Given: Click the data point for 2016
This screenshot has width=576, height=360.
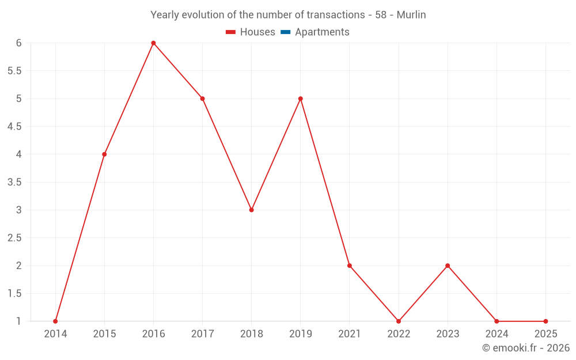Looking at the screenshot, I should [x=153, y=43].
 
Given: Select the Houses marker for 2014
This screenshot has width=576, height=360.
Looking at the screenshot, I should [x=55, y=321].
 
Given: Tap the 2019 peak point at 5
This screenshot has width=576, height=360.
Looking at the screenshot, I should [x=301, y=98].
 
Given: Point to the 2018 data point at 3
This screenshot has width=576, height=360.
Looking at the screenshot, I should [x=252, y=210].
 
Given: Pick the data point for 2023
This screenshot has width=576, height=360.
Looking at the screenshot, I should [x=448, y=266].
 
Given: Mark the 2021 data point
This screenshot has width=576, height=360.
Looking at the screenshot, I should [x=350, y=266].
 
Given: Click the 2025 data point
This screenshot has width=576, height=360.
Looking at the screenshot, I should [x=545, y=321].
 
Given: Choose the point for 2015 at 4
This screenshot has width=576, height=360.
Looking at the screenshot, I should [x=104, y=154].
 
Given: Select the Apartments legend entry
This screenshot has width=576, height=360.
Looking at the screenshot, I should [x=322, y=32].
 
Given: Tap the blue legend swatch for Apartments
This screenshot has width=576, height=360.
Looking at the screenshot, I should [x=285, y=32].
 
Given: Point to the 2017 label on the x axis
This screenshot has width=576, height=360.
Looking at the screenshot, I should [x=202, y=334].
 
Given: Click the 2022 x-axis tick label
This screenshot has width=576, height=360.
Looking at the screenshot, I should [x=399, y=334].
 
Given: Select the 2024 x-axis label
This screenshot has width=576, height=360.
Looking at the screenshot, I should [x=497, y=334].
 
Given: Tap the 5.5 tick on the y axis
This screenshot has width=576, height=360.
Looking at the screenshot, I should [x=14, y=71].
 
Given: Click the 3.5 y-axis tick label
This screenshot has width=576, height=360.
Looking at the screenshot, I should [x=14, y=182].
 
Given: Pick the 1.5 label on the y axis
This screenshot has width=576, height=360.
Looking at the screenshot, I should [x=14, y=294].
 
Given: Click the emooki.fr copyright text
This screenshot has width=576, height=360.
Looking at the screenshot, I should [x=526, y=348].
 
